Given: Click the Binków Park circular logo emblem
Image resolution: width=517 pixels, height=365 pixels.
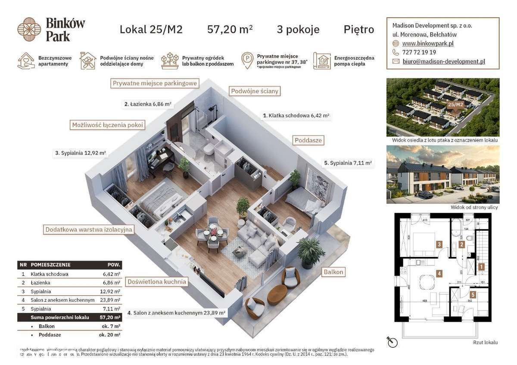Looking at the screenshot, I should pyautogui.click(x=29, y=29).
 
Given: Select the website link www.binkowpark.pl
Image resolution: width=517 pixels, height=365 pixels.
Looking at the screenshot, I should pyautogui.click(x=427, y=43).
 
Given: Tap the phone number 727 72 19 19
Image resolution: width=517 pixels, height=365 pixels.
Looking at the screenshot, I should pyautogui.click(x=419, y=52).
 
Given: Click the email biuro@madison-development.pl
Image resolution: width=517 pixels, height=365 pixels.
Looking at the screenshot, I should pyautogui.click(x=443, y=62).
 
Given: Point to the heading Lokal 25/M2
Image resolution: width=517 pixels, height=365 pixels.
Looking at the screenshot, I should pyautogui.click(x=151, y=29).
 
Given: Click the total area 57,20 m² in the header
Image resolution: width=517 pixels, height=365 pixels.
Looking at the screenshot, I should pyautogui.click(x=230, y=29).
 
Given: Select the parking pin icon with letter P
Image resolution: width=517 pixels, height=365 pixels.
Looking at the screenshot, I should pyautogui.click(x=247, y=61).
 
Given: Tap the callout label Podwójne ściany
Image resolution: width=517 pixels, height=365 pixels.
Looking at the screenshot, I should pyautogui.click(x=255, y=91).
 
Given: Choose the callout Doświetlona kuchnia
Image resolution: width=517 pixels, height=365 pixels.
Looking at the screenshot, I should pyautogui.click(x=157, y=282).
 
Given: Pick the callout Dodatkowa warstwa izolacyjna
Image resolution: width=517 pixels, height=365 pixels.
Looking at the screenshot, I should pyautogui.click(x=89, y=229).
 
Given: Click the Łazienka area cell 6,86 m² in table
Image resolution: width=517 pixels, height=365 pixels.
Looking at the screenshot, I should pyautogui.click(x=112, y=283).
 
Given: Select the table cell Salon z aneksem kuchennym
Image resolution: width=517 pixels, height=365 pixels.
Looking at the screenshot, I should pyautogui.click(x=62, y=300).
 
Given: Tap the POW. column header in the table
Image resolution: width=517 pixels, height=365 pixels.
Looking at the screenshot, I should pyautogui.click(x=114, y=265).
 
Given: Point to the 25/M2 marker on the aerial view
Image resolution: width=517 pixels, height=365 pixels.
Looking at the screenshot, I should pyautogui.click(x=455, y=104).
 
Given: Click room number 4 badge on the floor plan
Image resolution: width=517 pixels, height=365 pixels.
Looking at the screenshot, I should pyautogui.click(x=439, y=273).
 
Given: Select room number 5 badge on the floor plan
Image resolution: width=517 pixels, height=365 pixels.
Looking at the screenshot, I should pyautogui.click(x=473, y=295).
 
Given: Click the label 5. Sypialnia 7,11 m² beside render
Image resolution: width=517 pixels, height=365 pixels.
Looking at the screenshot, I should pyautogui.click(x=347, y=163).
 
